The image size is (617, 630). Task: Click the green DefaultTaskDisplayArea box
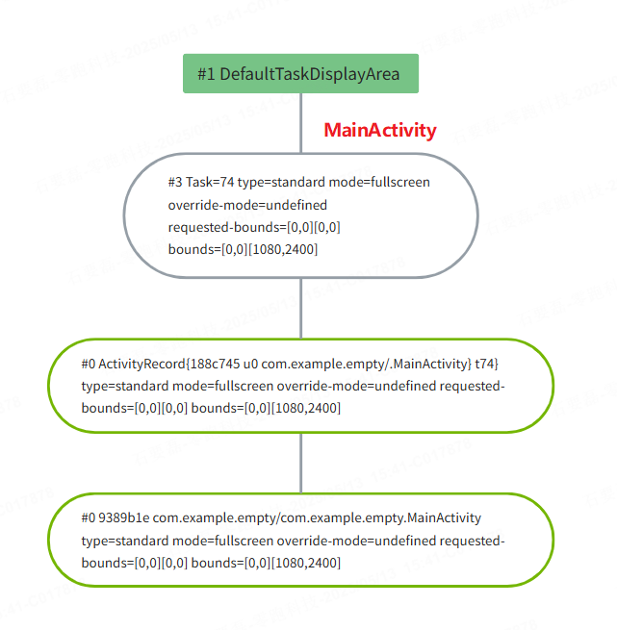(300, 73)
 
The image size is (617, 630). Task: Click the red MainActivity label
(379, 130)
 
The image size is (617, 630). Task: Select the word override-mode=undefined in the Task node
(247, 205)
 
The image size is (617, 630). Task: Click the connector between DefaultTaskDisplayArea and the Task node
(301, 123)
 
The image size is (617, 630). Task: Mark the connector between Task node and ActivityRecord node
(301, 308)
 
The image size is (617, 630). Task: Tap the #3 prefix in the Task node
(175, 182)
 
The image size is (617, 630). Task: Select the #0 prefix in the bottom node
(90, 517)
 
